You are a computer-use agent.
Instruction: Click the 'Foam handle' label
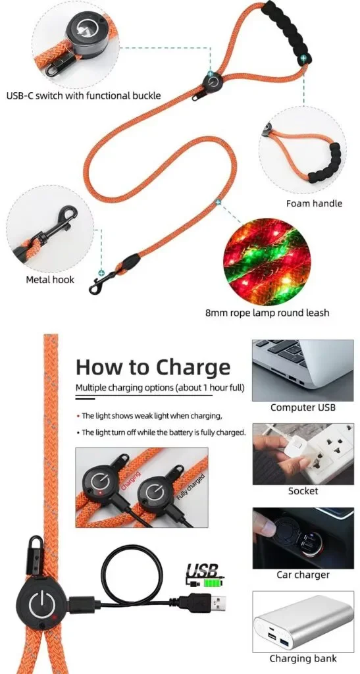click(314, 203)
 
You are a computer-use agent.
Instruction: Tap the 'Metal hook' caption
click(50, 280)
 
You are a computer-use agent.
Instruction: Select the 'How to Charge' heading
click(153, 367)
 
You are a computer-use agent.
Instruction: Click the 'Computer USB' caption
click(303, 407)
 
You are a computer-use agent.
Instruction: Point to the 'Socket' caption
click(303, 491)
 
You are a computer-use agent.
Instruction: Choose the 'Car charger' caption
click(303, 575)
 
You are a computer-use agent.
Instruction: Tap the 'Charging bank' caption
click(303, 658)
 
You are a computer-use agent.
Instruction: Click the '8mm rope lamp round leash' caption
click(267, 313)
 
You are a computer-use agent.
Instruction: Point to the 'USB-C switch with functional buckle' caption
click(84, 95)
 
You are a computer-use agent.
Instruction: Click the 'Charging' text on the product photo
click(130, 481)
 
